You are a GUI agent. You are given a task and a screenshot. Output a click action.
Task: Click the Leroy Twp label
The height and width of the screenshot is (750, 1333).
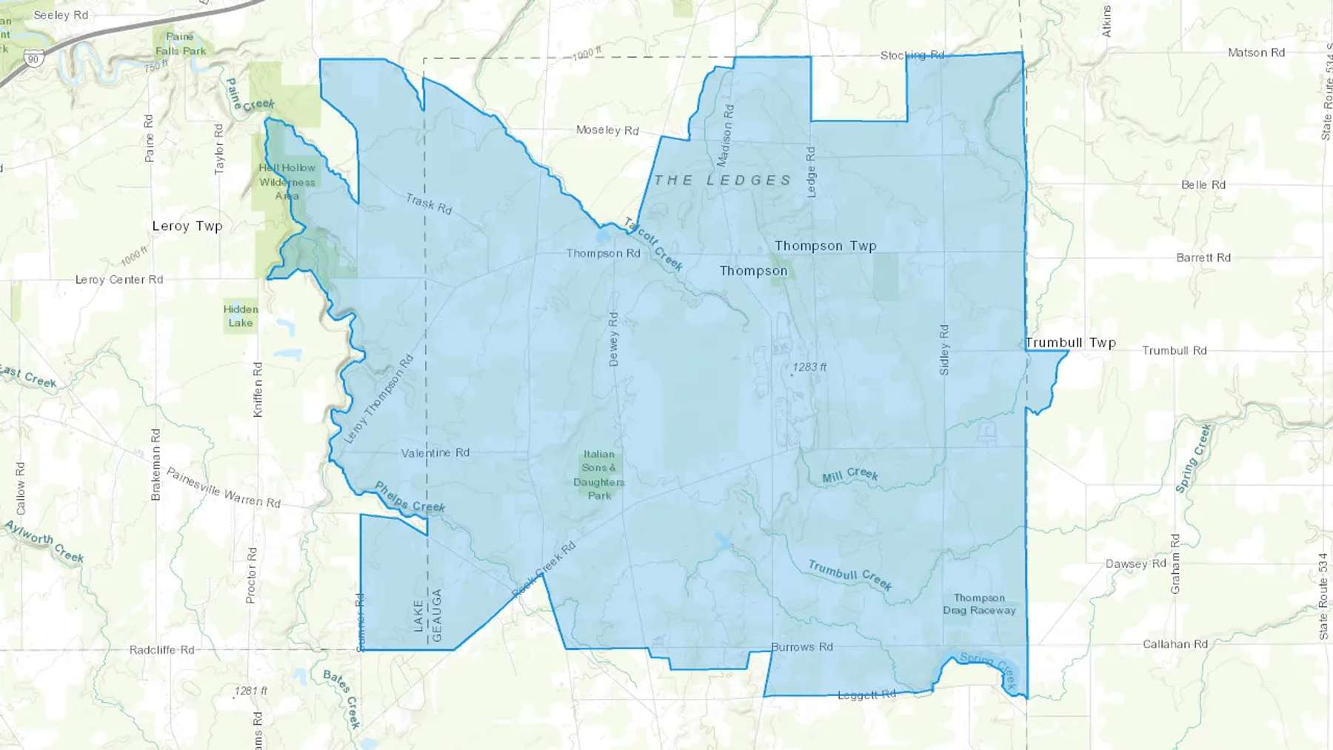tap(187, 227)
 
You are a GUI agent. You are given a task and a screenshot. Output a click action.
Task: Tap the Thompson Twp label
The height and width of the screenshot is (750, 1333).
tap(825, 246)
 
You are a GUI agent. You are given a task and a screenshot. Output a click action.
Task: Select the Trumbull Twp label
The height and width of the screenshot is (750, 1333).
tap(1070, 343)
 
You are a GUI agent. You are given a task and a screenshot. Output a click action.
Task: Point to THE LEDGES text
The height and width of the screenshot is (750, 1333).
tap(722, 181)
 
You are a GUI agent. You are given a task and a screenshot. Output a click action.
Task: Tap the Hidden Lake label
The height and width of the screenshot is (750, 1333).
tap(241, 316)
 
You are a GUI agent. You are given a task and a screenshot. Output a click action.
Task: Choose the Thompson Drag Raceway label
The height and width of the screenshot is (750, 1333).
tap(979, 604)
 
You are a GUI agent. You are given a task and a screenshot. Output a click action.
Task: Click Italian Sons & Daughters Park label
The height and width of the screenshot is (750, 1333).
tap(599, 475)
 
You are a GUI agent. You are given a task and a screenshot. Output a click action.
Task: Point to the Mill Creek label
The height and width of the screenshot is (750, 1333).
tap(850, 475)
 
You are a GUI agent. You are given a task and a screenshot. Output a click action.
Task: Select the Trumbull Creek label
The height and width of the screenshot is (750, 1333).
tap(849, 575)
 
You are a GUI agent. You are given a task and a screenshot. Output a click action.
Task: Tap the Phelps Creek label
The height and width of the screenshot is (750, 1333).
tap(410, 498)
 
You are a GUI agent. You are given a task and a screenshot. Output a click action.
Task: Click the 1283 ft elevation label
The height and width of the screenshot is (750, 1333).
tap(809, 367)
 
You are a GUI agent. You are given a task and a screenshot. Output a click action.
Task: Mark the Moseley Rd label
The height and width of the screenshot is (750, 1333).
tap(607, 130)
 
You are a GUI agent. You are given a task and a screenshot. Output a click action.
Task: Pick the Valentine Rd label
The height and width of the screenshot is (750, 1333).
tap(435, 452)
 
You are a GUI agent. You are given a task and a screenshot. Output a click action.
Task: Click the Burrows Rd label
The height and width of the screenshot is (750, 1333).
tap(802, 647)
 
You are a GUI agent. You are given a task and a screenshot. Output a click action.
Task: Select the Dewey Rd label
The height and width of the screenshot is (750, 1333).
tap(613, 339)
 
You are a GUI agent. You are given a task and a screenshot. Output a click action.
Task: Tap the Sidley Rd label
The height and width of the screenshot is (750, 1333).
tap(944, 349)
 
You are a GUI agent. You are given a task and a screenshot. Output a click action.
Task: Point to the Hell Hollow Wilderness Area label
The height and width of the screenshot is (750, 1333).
tap(287, 182)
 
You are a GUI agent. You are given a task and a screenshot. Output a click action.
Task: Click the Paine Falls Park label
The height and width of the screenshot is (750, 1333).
tap(181, 44)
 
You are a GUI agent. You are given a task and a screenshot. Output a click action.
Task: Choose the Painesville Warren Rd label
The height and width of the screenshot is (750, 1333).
tap(223, 487)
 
